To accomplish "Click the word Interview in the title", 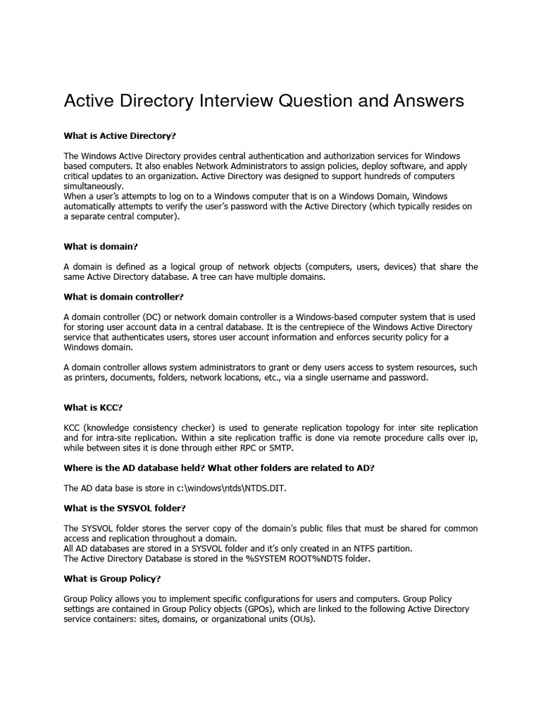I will click(231, 101).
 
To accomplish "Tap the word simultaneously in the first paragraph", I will click(93, 185).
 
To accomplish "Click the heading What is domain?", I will click(101, 246).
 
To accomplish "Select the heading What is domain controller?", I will click(123, 297).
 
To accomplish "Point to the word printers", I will click(92, 377).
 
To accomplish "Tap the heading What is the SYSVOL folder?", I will click(125, 508).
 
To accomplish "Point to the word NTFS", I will click(358, 548).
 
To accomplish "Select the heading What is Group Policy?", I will click(113, 578).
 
